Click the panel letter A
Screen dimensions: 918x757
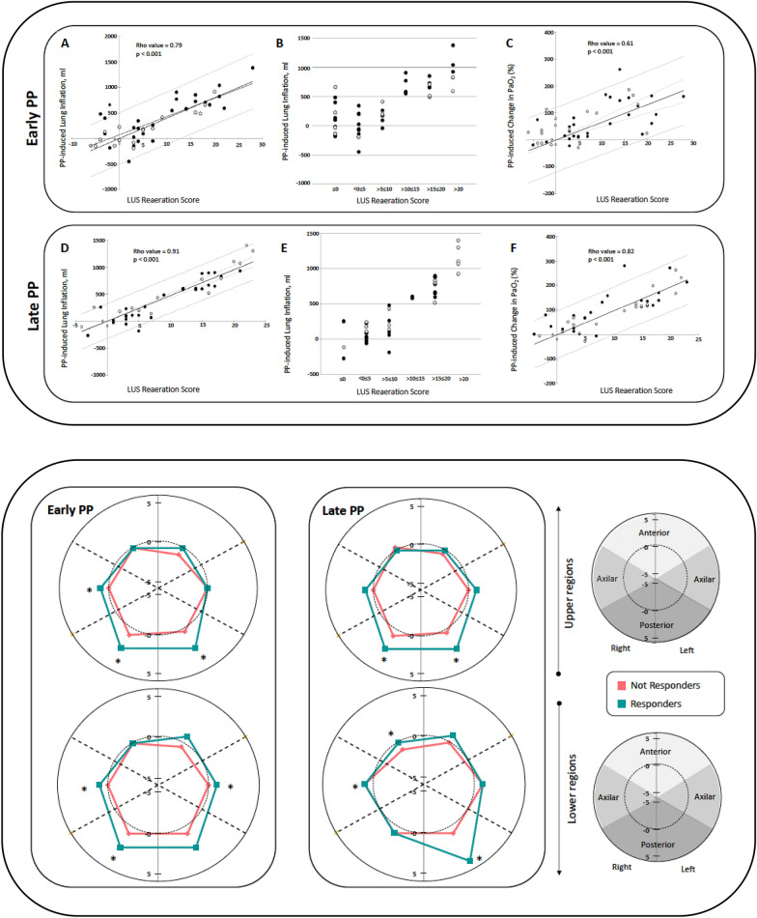pos(64,44)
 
